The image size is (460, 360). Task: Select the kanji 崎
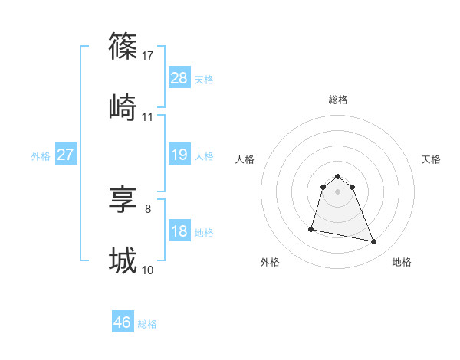(123, 107)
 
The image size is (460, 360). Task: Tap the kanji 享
(123, 200)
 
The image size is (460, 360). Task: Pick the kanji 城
(123, 261)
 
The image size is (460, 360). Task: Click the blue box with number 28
(179, 77)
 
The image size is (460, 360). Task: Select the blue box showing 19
(179, 155)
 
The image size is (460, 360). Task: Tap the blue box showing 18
(179, 231)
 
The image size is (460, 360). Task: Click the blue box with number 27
(65, 155)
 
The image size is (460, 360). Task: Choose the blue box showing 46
(123, 322)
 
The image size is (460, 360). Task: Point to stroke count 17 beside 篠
(149, 55)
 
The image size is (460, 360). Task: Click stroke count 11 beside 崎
(148, 116)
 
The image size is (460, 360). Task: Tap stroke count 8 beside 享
(148, 209)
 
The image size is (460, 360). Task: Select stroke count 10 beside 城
(148, 270)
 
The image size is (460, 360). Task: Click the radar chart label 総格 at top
(338, 100)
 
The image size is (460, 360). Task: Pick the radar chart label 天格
(431, 159)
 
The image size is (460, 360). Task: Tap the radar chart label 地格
(402, 263)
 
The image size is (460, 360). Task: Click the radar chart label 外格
(270, 263)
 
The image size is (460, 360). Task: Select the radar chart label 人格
(245, 159)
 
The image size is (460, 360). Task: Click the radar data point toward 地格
(374, 242)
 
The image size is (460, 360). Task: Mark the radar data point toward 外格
(312, 228)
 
